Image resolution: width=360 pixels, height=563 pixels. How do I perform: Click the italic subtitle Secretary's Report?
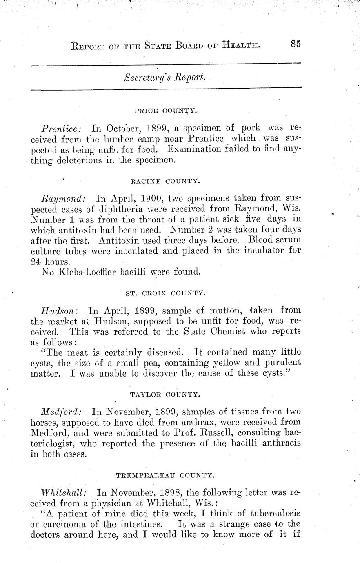[x=164, y=78]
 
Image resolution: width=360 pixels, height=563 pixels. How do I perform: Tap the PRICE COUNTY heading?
[x=165, y=110]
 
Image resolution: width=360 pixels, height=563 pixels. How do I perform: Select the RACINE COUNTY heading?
[x=165, y=180]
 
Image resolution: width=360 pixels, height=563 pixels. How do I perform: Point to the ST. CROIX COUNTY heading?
[x=164, y=292]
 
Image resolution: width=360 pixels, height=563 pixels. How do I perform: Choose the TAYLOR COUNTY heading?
[x=165, y=394]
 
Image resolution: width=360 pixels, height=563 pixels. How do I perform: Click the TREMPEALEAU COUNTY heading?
[x=165, y=475]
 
